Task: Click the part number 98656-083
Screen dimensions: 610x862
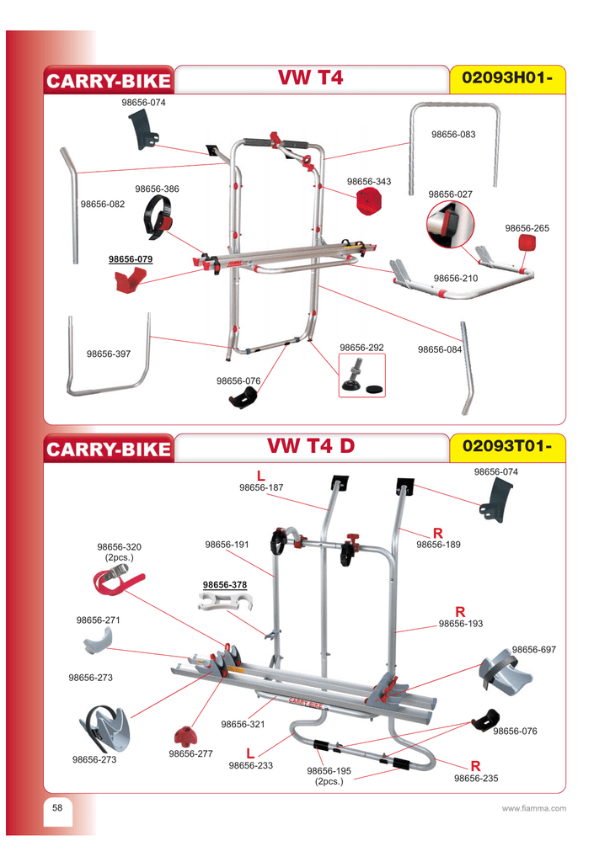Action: point(453,135)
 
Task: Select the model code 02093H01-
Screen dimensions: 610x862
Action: point(508,79)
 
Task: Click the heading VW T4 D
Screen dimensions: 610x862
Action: point(311,446)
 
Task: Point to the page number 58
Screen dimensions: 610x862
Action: point(57,808)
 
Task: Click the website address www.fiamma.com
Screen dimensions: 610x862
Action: point(533,809)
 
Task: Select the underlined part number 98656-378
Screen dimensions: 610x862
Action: point(225,584)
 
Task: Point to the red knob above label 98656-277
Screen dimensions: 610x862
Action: point(185,734)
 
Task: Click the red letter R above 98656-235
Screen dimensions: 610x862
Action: point(475,766)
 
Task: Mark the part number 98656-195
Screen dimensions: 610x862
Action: point(329,771)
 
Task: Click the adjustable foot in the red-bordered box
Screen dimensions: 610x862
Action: point(361,375)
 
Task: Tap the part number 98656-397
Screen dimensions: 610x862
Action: point(109,354)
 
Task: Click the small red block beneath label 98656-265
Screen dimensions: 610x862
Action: point(528,243)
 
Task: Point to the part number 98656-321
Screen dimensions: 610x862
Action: point(243,724)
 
